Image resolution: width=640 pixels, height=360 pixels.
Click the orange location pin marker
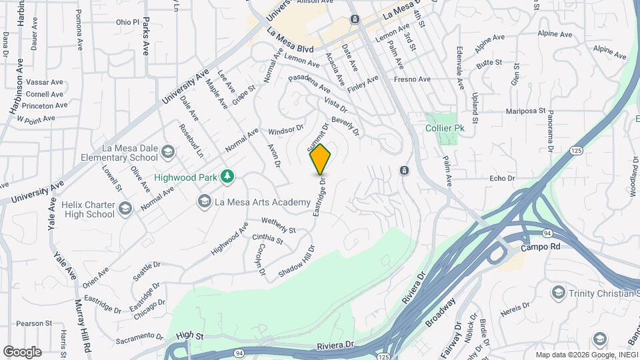(x=320, y=160)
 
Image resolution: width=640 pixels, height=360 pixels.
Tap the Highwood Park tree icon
(x=228, y=176)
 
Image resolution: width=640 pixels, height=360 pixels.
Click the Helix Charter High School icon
(x=124, y=209)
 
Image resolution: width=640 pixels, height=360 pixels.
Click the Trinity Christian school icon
(x=559, y=293)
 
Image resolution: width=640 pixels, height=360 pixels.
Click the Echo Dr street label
(x=502, y=179)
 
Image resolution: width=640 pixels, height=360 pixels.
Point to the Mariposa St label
(x=525, y=111)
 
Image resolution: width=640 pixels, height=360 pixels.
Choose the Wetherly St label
(x=277, y=221)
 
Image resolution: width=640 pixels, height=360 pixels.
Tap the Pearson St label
(x=29, y=323)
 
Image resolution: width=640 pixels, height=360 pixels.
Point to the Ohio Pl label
(x=127, y=22)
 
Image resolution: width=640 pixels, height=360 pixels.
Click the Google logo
(x=22, y=351)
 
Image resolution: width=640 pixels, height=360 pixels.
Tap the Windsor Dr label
(x=286, y=129)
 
